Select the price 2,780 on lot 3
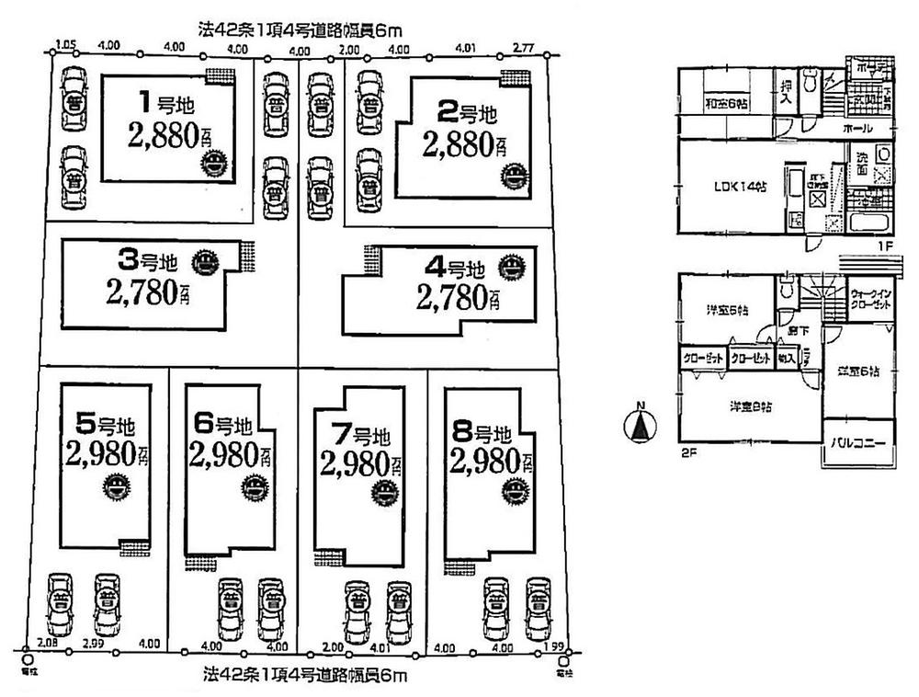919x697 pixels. pyautogui.click(x=147, y=295)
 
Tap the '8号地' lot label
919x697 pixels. pyautogui.click(x=481, y=431)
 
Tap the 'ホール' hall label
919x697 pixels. pyautogui.click(x=854, y=128)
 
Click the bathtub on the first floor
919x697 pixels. pyautogui.click(x=868, y=224)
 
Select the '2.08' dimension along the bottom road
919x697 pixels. pyautogui.click(x=49, y=645)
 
